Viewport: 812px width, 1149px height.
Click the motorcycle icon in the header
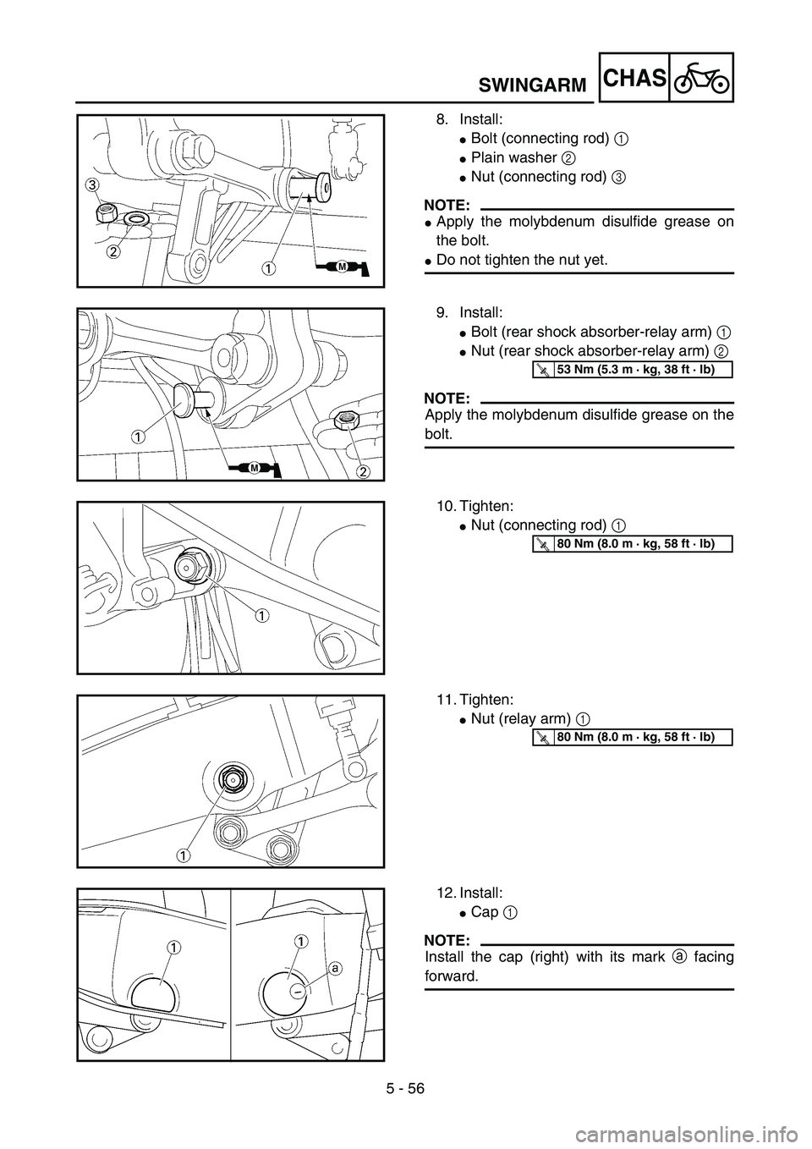701,78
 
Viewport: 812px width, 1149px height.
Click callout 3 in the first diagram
90,185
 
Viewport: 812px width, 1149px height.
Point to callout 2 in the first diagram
113,250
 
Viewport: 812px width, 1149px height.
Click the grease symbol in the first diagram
344,267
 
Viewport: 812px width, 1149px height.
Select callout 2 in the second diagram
363,470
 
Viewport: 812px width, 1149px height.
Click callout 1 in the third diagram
264,616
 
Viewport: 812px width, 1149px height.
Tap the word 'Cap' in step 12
484,911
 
